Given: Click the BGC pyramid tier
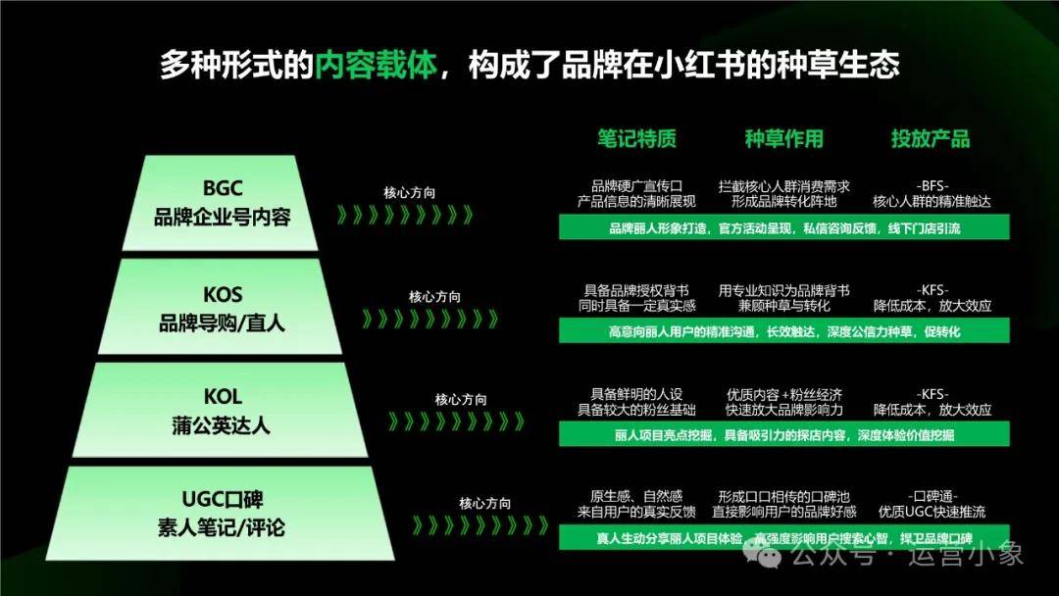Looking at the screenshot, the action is (221, 203).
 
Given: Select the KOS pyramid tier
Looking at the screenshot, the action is (221, 307).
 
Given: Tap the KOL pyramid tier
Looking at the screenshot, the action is (221, 411).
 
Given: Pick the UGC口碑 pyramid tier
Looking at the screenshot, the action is (221, 513).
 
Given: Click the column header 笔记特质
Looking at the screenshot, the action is (636, 138).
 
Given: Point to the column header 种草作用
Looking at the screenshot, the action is (784, 138).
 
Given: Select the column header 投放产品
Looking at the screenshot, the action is (931, 138).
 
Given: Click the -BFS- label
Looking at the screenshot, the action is (933, 185).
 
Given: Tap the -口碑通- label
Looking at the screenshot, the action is (933, 496).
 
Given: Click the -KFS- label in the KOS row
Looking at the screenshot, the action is (933, 289).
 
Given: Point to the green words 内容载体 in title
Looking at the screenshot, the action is (377, 65).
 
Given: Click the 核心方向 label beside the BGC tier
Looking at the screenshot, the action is (410, 192).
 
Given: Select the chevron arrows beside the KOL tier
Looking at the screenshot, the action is (457, 422).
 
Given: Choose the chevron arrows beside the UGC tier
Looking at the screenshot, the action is (480, 525).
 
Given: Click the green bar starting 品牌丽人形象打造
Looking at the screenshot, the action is (784, 227).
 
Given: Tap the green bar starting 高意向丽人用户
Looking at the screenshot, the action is (784, 330).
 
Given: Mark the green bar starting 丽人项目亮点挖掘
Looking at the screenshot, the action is (784, 434).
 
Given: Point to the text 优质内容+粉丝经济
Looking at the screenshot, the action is (784, 394).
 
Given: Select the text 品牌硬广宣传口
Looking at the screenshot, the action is (637, 185).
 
